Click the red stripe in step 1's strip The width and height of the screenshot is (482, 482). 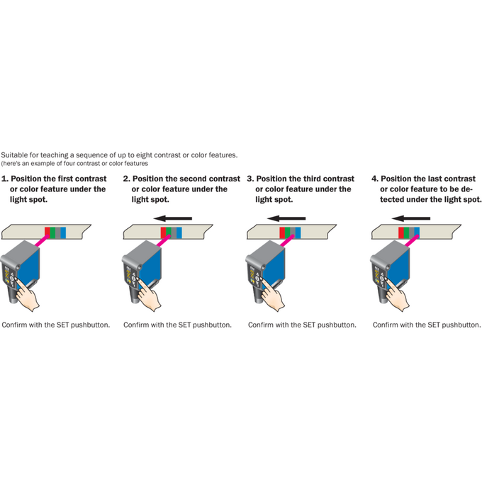[x=47, y=232]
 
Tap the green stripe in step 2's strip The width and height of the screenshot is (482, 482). [x=169, y=232]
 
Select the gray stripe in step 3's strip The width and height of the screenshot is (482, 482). [x=293, y=232]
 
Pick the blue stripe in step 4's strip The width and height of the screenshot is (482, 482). [x=417, y=232]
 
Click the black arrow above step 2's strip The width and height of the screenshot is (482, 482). [x=173, y=218]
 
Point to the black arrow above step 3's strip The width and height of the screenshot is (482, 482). [x=286, y=218]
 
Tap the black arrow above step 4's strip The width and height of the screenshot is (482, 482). [x=411, y=218]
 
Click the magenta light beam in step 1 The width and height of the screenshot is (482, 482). [x=42, y=240]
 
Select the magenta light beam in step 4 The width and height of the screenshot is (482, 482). [x=412, y=240]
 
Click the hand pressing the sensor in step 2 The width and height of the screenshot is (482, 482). [x=149, y=294]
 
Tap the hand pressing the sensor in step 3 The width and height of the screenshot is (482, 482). [x=273, y=294]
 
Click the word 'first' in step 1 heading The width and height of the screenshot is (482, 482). [x=65, y=179]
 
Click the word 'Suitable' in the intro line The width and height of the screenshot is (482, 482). [x=14, y=155]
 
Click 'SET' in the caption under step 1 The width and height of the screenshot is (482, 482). [x=62, y=325]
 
